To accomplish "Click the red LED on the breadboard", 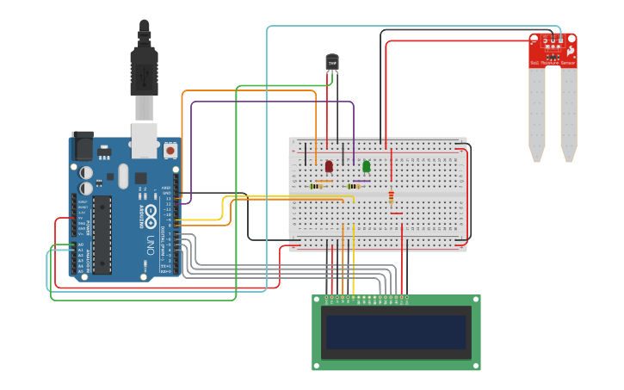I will pyautogui.click(x=329, y=165).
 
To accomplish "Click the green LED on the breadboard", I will pyautogui.click(x=367, y=165).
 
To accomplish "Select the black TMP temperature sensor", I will pyautogui.click(x=332, y=62).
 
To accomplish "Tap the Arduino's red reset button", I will pyautogui.click(x=170, y=151).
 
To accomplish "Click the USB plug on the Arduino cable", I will pyautogui.click(x=144, y=69).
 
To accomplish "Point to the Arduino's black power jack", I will pyautogui.click(x=82, y=147).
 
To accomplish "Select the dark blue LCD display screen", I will pyautogui.click(x=396, y=332).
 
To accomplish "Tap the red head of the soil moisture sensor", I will pyautogui.click(x=553, y=50).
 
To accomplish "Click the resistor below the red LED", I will pyautogui.click(x=316, y=186).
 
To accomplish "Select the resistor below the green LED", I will pyautogui.click(x=354, y=186).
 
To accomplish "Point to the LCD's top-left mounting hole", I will pyautogui.click(x=317, y=300).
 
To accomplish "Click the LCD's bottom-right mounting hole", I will pyautogui.click(x=476, y=366).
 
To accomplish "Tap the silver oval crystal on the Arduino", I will pyautogui.click(x=123, y=176).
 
